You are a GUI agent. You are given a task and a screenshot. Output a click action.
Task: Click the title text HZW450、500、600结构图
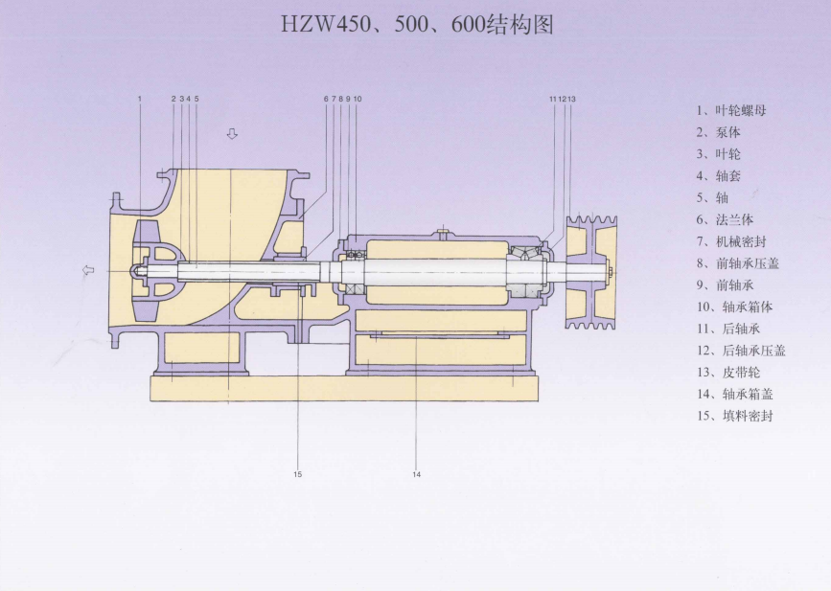(x=417, y=24)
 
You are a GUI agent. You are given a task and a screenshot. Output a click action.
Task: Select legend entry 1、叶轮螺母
(x=731, y=111)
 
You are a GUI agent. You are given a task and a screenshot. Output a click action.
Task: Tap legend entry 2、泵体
(x=718, y=132)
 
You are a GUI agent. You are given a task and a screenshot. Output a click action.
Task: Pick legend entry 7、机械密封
(x=731, y=241)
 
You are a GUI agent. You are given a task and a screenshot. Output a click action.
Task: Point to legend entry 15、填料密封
(x=734, y=416)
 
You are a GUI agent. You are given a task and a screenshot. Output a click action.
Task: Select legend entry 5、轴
(x=712, y=198)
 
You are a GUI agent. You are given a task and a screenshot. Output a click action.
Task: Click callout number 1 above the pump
(x=140, y=99)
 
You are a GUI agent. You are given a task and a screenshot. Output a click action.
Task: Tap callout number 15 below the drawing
(x=297, y=474)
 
